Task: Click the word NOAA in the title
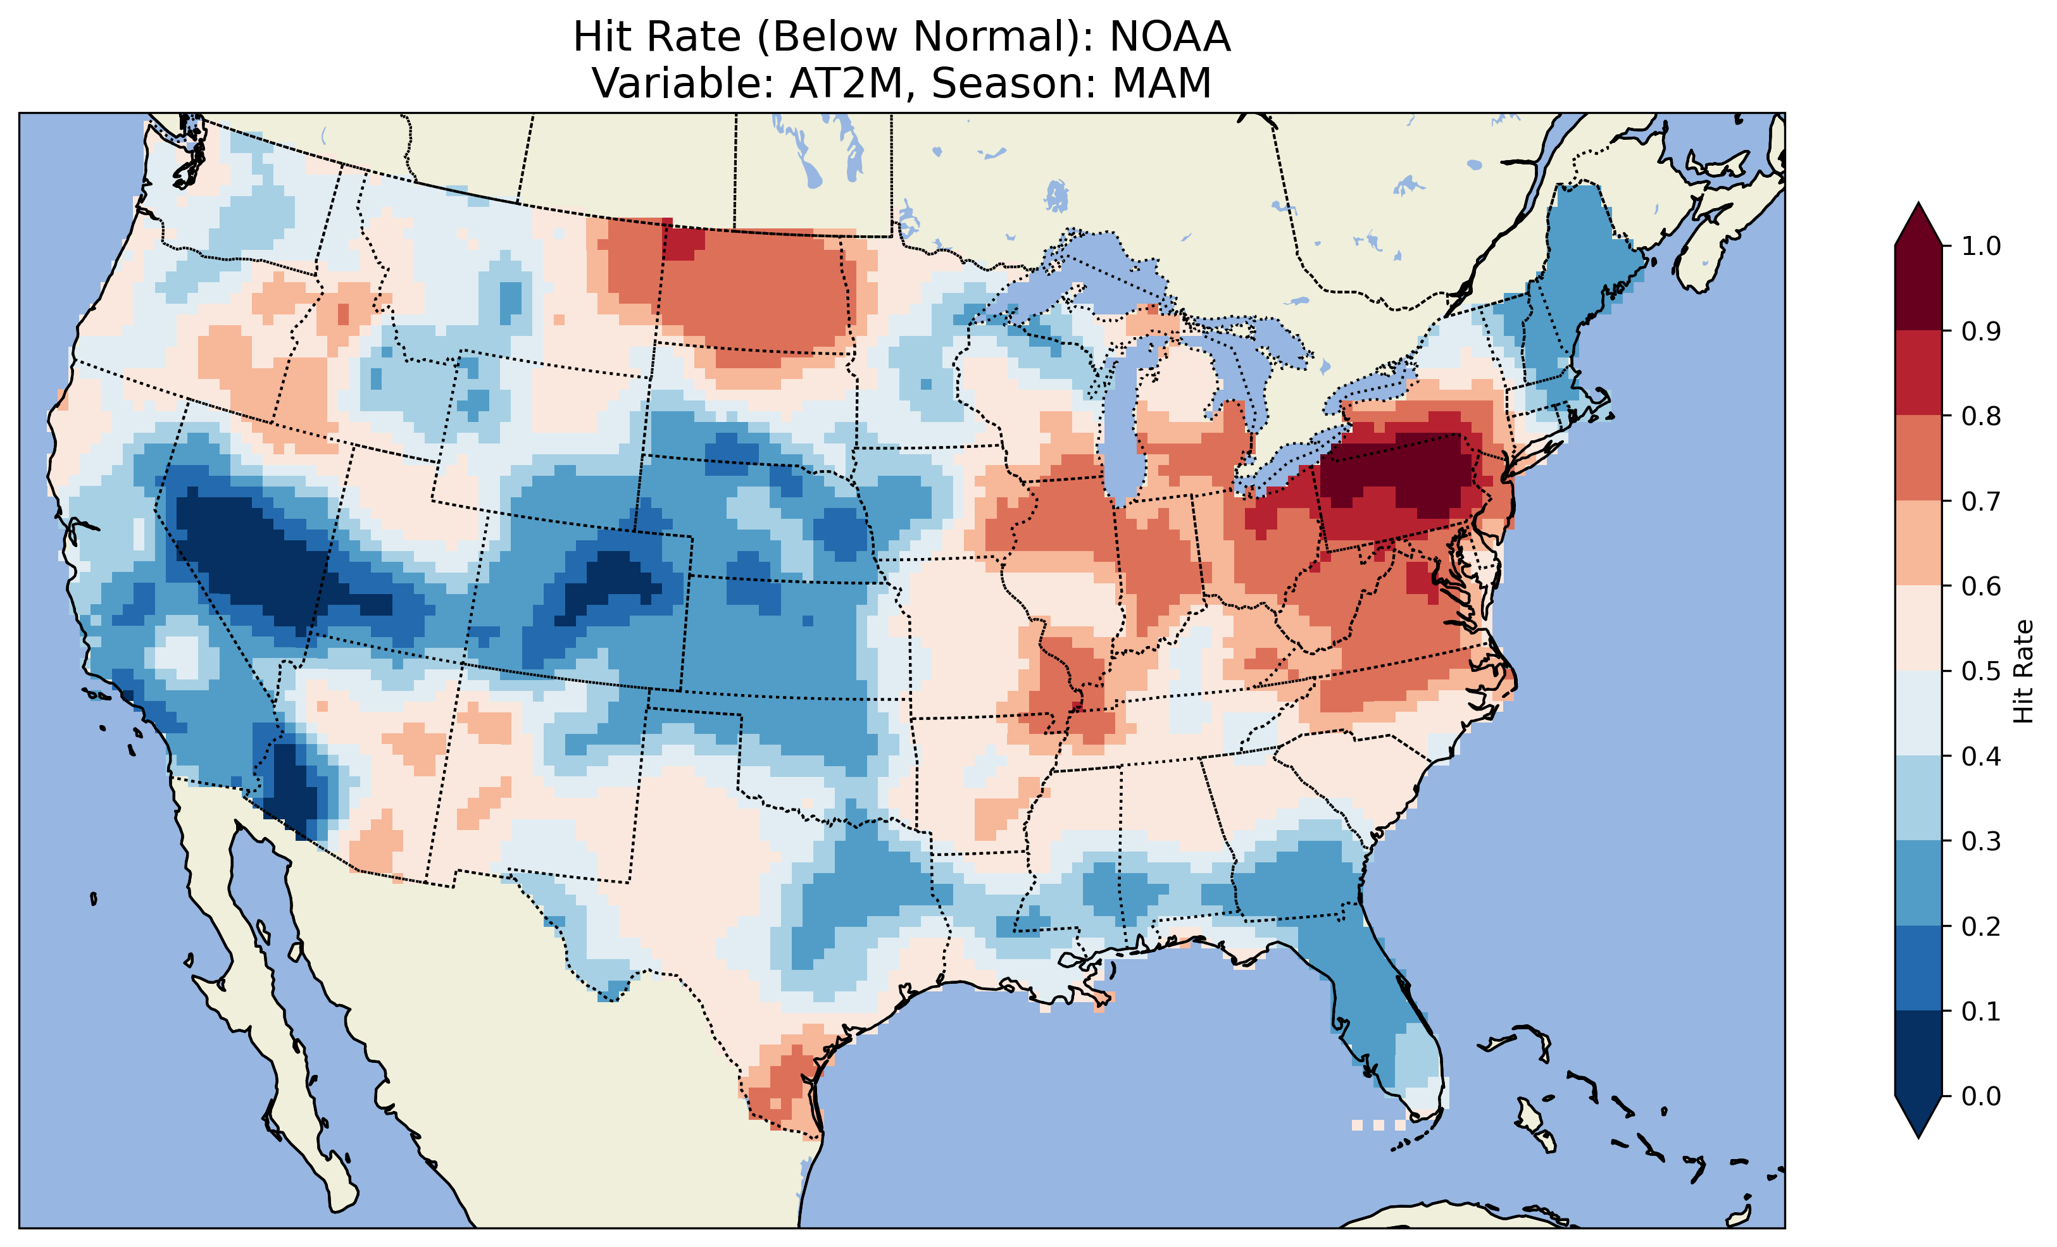pos(1170,37)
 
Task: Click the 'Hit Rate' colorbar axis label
pos(2023,671)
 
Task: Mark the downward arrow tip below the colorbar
pos(1918,1135)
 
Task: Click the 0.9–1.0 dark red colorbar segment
pos(1918,288)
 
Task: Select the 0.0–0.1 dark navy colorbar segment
pos(1918,1053)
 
